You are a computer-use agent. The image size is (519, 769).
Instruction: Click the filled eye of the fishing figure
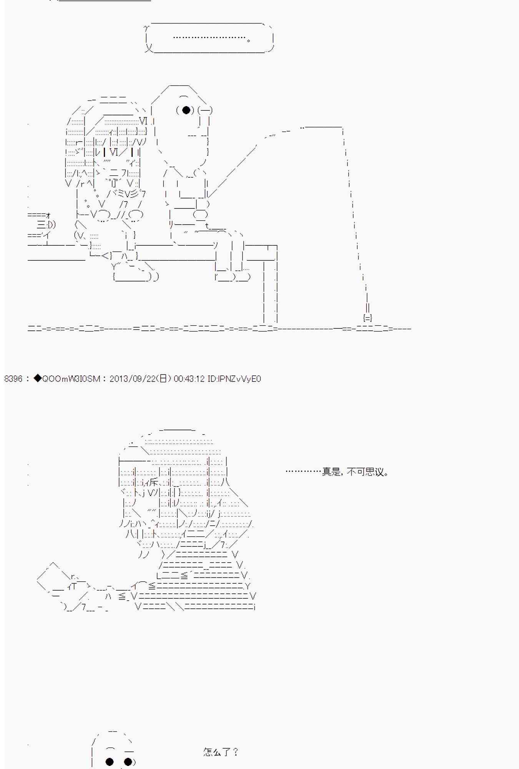pos(186,110)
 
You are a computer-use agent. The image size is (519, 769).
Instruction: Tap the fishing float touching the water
pos(368,318)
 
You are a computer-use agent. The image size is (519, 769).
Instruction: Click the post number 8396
pos(13,379)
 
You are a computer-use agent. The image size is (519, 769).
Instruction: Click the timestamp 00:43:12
pos(189,379)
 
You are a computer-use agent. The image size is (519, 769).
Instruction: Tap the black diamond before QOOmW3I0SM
pos(37,378)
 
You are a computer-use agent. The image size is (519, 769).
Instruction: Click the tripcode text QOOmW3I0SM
pos(71,379)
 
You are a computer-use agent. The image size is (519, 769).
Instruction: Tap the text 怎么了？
pos(221,752)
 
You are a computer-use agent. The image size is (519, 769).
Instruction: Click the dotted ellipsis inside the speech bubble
pos(210,38)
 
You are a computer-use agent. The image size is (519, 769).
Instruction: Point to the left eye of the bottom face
pos(110,761)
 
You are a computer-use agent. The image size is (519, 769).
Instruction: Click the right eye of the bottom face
pos(128,761)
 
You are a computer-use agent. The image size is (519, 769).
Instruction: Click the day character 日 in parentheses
pos(163,379)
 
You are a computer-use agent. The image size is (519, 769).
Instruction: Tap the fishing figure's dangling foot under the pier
pos(233,276)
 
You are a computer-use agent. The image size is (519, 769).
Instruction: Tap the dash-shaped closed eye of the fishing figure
pos(205,110)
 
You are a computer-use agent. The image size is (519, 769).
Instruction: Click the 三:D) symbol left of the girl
pos(46,225)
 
